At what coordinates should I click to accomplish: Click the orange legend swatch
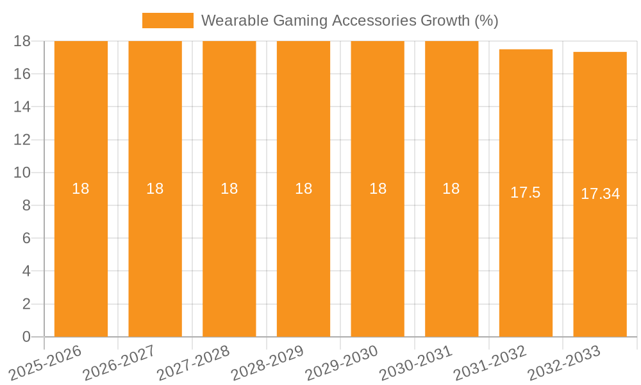[167, 21]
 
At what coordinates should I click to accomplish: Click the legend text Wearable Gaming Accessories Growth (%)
[349, 21]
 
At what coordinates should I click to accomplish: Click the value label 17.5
[526, 193]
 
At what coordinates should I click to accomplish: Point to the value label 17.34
[600, 194]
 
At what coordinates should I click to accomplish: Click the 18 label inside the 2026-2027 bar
[155, 189]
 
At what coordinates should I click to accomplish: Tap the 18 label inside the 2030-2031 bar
[451, 189]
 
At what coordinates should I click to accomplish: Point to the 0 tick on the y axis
[26, 337]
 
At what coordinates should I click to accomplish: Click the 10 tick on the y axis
[22, 173]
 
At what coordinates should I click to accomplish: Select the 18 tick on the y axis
[22, 41]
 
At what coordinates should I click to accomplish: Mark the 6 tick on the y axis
[26, 238]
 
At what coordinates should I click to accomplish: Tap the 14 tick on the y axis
[22, 107]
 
